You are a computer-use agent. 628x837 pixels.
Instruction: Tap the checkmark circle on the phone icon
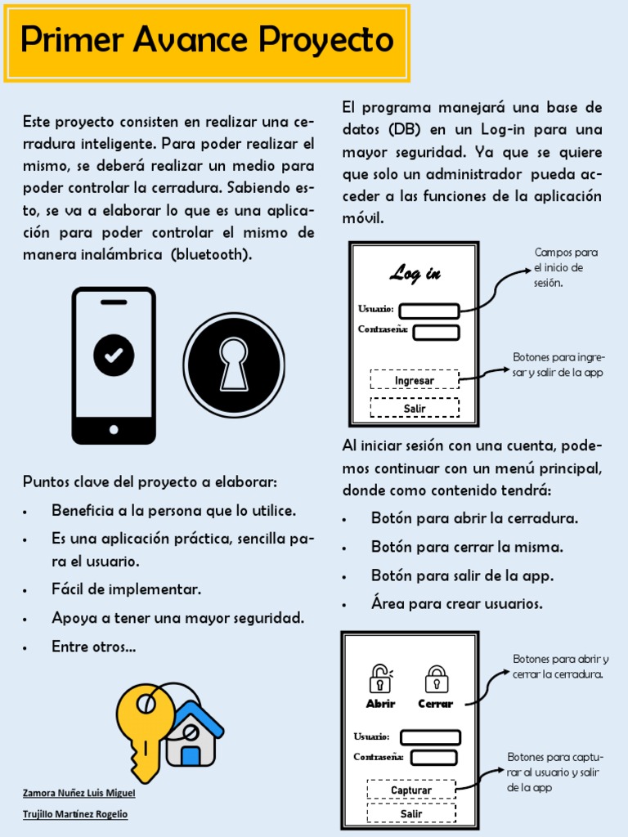114,354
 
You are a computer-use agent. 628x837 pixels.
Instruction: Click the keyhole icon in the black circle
234,364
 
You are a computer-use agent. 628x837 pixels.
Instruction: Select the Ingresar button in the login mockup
415,380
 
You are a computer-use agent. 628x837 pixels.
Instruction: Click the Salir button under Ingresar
415,408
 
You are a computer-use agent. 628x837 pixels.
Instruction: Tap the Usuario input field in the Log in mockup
428,311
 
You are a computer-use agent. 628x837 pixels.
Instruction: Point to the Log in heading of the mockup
415,274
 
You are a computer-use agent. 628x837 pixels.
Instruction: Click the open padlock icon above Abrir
380,678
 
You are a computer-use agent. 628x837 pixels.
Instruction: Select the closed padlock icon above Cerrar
437,678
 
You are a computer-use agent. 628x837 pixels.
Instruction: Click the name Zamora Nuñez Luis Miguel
78,793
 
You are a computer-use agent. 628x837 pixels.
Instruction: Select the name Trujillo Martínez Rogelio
75,814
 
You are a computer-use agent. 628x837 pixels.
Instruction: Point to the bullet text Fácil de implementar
126,589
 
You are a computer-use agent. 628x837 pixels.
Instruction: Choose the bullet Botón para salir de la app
462,575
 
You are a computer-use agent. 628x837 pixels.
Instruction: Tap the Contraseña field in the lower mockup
433,758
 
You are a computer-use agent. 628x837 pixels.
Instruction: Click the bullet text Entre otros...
93,647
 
